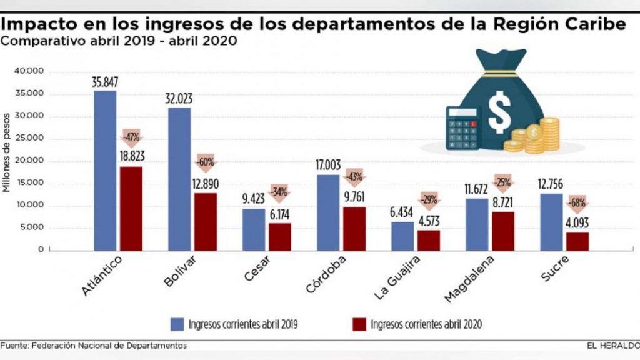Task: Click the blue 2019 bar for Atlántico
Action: (x=105, y=170)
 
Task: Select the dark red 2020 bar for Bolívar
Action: (x=206, y=222)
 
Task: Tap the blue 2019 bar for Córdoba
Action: (x=328, y=212)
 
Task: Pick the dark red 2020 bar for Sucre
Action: (x=577, y=241)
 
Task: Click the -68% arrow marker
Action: (x=577, y=204)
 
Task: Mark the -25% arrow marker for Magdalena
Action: (x=503, y=183)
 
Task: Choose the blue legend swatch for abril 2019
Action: (x=177, y=324)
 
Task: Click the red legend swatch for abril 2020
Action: (x=357, y=324)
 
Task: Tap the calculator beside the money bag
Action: (x=462, y=127)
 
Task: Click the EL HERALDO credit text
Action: (x=612, y=346)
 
